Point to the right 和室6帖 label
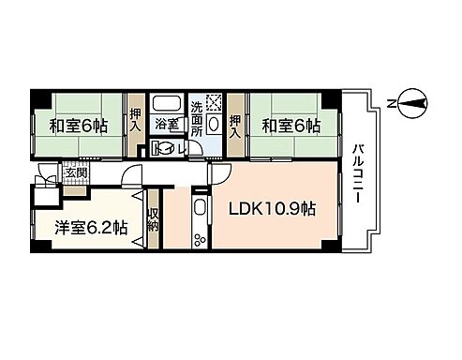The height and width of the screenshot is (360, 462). (291, 125)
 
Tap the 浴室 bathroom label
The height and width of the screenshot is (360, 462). (167, 125)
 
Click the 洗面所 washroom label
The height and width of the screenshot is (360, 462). (197, 118)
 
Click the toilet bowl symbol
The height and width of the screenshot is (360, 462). (167, 146)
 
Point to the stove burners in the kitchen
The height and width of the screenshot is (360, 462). (200, 239)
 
